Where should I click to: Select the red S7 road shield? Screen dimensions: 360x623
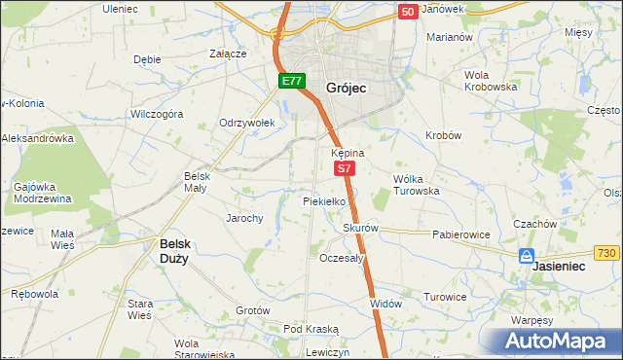tap(345, 168)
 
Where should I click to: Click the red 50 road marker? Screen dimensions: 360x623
tap(407, 11)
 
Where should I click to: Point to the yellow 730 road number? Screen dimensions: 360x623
tap(606, 253)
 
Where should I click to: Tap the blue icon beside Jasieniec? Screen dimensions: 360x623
tap(526, 257)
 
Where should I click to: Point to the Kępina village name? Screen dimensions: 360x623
tap(347, 154)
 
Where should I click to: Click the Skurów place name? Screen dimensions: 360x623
tap(359, 229)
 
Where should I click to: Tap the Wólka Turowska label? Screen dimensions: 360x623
tap(417, 185)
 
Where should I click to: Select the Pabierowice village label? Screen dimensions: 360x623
tap(460, 234)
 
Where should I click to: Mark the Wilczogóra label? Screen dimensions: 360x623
tap(157, 114)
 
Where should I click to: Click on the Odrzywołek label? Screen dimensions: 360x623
tap(248, 123)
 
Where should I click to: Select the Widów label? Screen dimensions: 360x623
tap(385, 304)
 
